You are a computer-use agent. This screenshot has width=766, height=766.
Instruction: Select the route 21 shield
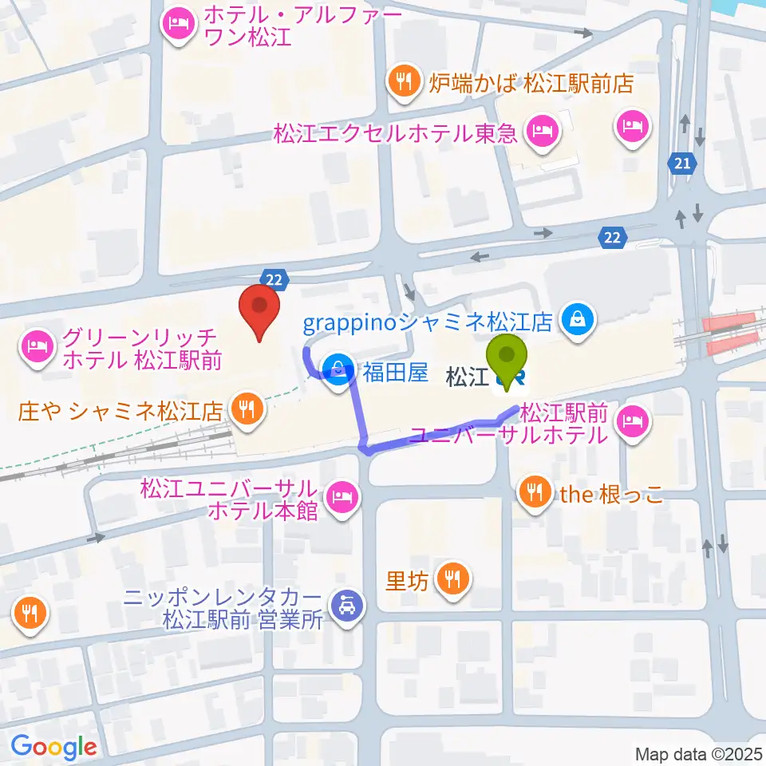tap(681, 164)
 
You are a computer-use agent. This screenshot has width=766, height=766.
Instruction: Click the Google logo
tap(53, 748)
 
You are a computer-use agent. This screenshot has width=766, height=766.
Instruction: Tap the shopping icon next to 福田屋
tap(338, 369)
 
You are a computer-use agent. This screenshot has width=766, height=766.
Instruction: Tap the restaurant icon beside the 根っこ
tap(532, 491)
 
